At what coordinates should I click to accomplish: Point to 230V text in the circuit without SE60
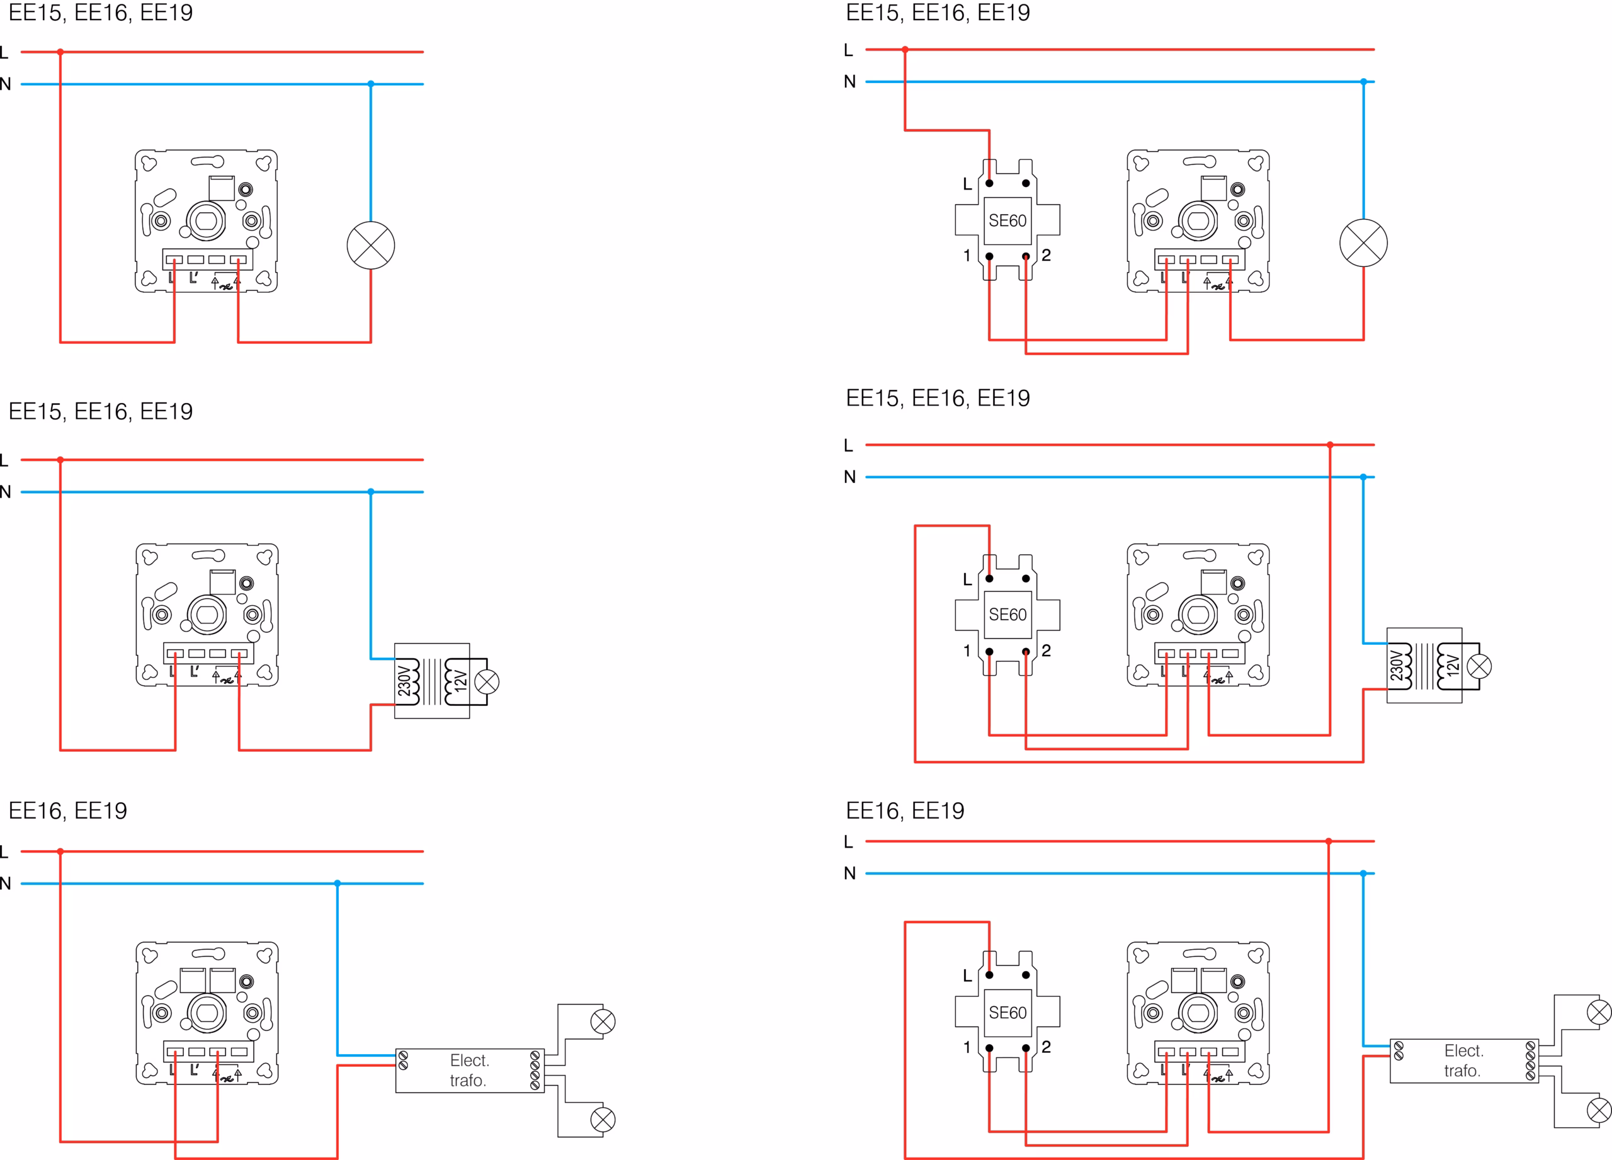pyautogui.click(x=404, y=681)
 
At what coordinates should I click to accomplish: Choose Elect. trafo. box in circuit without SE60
pyautogui.click(x=470, y=1071)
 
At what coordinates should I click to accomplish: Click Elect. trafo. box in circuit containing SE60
pyautogui.click(x=1464, y=1060)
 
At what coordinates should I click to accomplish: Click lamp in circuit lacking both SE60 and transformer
pyautogui.click(x=370, y=245)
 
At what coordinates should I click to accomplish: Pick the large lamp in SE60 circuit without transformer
pyautogui.click(x=1363, y=243)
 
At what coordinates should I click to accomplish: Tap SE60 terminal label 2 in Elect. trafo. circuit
pyautogui.click(x=1047, y=1046)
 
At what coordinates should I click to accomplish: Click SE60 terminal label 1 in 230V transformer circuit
pyautogui.click(x=967, y=651)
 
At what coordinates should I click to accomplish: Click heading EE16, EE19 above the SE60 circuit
pyautogui.click(x=905, y=810)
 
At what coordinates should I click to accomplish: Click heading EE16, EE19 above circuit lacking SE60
pyautogui.click(x=67, y=810)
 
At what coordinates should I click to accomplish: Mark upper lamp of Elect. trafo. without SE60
pyautogui.click(x=603, y=1022)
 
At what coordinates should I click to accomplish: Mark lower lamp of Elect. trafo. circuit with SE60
pyautogui.click(x=1599, y=1110)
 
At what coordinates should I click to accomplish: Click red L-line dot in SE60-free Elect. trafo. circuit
pyautogui.click(x=60, y=851)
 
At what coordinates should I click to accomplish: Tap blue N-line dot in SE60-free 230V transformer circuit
pyautogui.click(x=370, y=491)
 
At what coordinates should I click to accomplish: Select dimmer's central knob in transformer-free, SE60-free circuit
pyautogui.click(x=206, y=221)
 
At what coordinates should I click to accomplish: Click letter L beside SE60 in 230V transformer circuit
pyautogui.click(x=967, y=579)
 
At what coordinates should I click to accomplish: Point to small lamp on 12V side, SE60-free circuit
pyautogui.click(x=487, y=681)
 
